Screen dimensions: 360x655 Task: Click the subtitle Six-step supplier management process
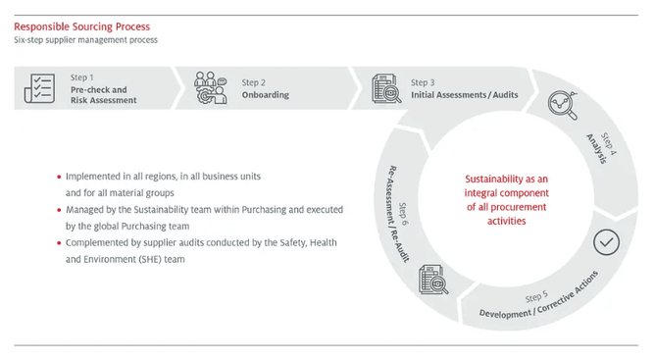pos(85,40)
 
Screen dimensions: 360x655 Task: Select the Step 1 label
pos(82,77)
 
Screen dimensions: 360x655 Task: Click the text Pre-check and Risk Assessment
pos(103,95)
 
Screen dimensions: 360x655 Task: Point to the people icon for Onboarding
pos(210,88)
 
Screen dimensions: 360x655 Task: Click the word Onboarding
pos(267,95)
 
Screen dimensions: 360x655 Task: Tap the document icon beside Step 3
pos(386,89)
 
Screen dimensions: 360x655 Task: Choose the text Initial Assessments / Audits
pos(464,95)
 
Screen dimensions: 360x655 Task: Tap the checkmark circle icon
pos(607,241)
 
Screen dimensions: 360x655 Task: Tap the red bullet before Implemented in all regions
pos(59,177)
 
